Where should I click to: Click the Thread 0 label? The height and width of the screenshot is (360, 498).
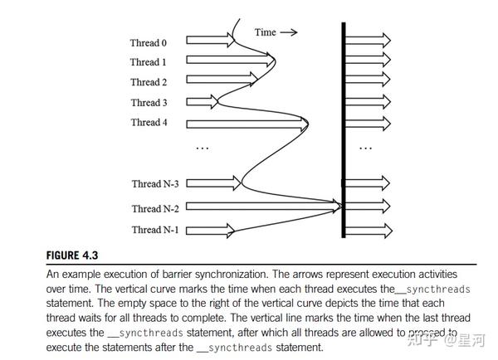coord(149,42)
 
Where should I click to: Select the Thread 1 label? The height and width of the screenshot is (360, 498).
coord(149,62)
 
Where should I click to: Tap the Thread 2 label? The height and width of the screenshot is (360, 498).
coord(149,82)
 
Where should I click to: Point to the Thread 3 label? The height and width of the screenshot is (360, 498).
coord(149,103)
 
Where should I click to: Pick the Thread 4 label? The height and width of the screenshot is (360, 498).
coord(149,123)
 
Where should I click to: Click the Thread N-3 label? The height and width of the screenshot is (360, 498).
coord(155,183)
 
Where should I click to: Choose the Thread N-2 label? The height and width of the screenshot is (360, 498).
coord(155,209)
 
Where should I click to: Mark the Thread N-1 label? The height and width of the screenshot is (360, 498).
coord(155,229)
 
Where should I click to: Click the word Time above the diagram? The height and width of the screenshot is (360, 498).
coord(265,32)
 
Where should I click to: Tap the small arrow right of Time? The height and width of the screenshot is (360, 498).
coord(288,32)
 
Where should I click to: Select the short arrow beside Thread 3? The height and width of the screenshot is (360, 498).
coord(203,102)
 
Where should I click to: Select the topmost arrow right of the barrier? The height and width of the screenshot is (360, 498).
coord(369,39)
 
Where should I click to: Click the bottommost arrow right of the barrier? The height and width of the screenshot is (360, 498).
coord(369,225)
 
